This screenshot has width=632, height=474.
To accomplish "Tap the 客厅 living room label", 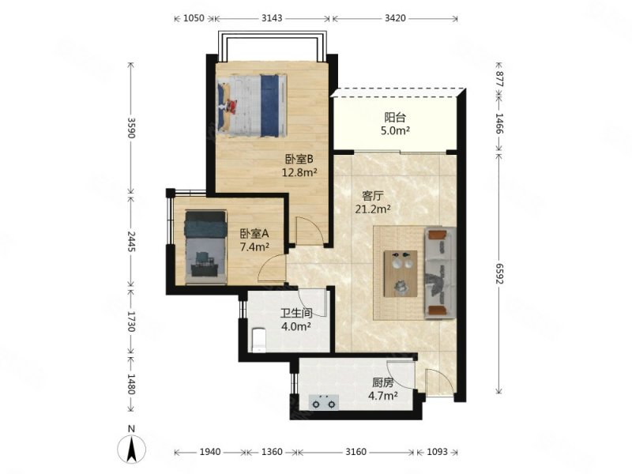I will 373,195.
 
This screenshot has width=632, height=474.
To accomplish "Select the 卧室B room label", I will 300,157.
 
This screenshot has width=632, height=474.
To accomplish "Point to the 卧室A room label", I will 254,234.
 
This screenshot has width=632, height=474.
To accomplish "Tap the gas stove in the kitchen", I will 324,402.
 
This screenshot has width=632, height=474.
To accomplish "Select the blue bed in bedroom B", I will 254,103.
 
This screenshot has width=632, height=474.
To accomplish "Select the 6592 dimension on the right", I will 498,273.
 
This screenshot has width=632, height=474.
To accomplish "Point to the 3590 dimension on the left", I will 131,126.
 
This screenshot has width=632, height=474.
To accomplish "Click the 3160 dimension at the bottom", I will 357,453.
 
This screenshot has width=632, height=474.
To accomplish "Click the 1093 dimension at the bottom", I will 437,453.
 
